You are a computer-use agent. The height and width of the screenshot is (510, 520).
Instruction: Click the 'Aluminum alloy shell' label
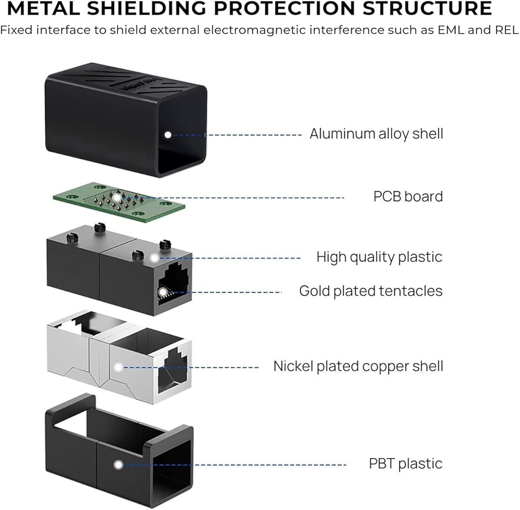(376, 134)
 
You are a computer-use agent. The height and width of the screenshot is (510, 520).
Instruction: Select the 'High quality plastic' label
(380, 257)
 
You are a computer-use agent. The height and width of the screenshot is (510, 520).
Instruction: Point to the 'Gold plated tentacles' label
(371, 291)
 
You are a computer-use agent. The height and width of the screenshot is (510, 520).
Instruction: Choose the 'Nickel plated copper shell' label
(358, 366)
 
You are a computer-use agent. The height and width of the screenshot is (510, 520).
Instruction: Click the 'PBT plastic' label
(406, 463)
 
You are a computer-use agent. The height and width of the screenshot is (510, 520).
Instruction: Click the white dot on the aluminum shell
(167, 134)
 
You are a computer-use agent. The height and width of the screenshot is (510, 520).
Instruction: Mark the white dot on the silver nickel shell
(119, 367)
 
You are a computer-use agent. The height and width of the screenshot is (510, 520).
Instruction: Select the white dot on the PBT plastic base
(119, 464)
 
